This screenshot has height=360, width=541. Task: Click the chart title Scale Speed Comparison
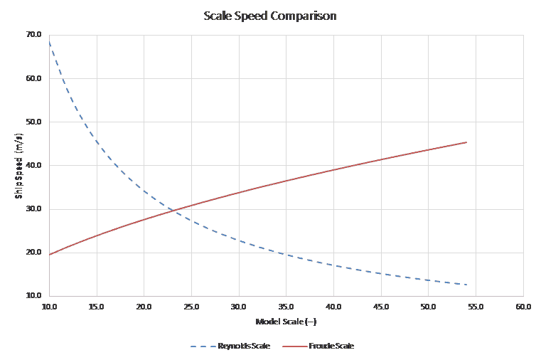(x=270, y=15)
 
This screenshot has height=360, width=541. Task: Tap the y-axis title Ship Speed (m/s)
(x=19, y=165)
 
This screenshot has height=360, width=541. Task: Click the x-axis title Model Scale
(x=286, y=322)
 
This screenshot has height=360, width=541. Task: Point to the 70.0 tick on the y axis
(x=33, y=35)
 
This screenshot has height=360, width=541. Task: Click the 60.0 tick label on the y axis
(x=33, y=78)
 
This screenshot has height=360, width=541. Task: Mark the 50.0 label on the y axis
(x=33, y=122)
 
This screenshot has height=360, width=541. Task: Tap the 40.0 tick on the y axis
(x=33, y=166)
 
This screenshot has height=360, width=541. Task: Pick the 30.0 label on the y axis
(x=33, y=209)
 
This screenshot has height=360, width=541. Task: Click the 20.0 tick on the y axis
(x=33, y=253)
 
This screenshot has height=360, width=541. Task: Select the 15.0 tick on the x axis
(x=97, y=306)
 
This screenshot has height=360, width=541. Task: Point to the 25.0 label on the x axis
(x=191, y=306)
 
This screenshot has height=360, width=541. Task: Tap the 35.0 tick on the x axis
(x=286, y=306)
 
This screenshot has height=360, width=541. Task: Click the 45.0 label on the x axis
(x=381, y=306)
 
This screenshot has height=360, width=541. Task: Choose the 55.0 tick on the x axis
(x=476, y=306)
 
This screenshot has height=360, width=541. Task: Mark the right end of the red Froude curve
(x=466, y=142)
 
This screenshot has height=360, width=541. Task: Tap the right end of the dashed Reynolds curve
(x=466, y=285)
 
